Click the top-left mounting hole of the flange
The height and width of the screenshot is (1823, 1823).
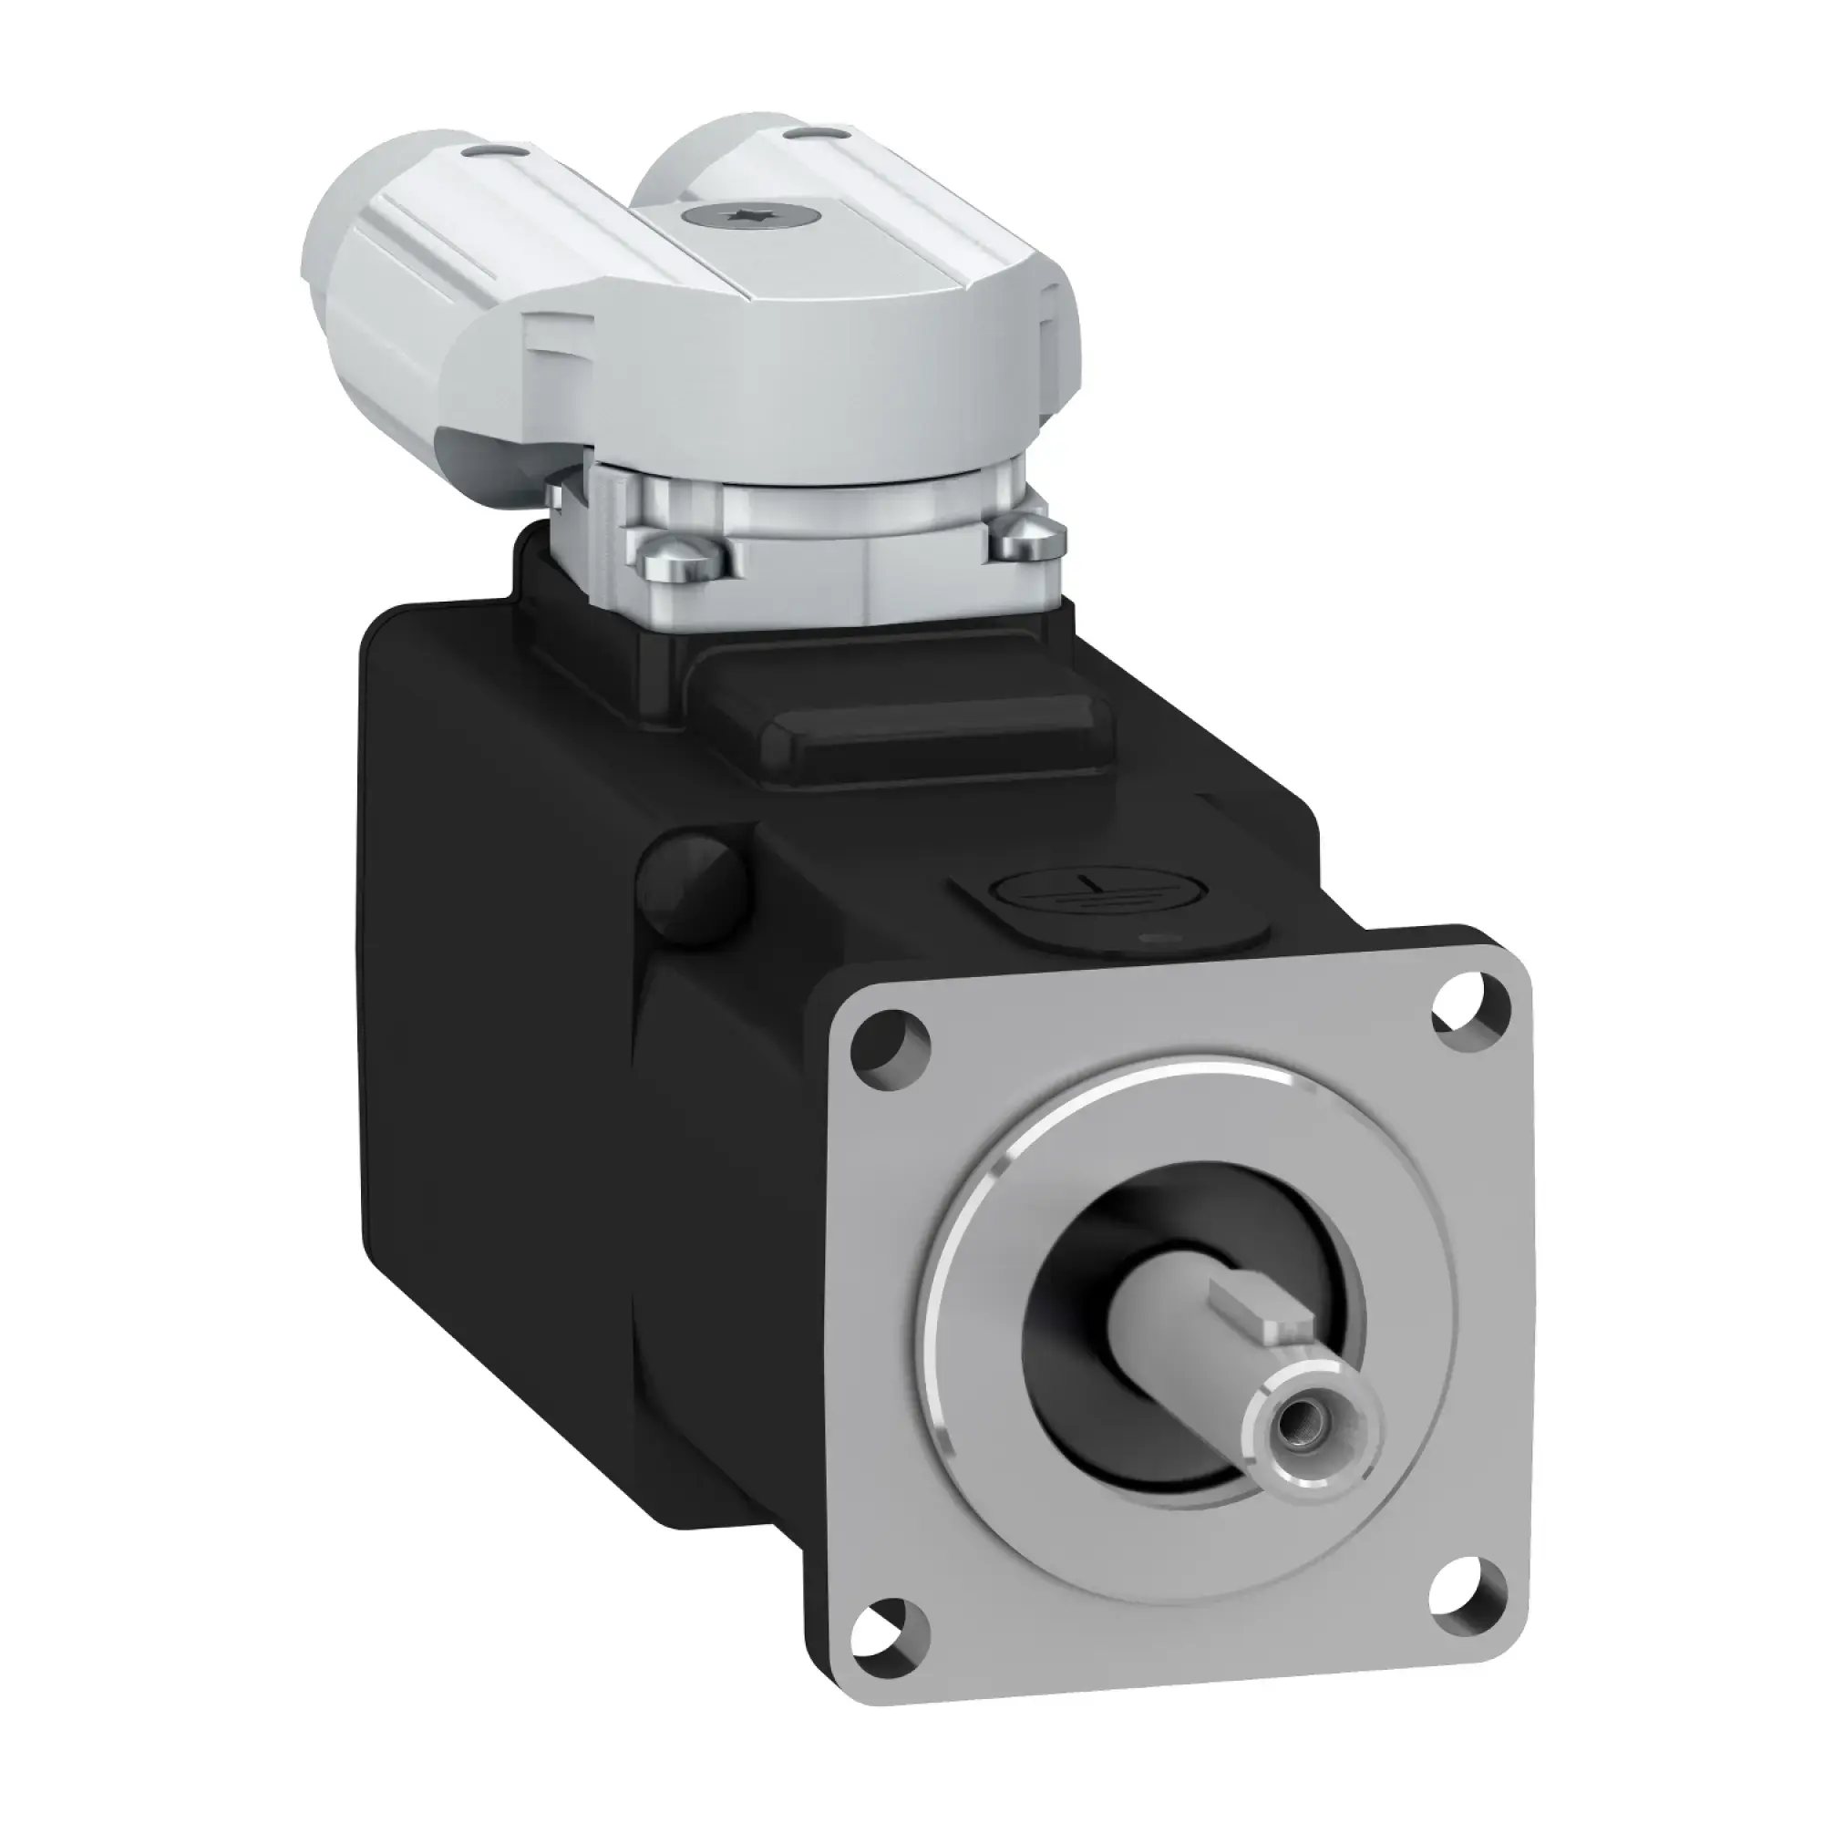pyautogui.click(x=891, y=1043)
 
